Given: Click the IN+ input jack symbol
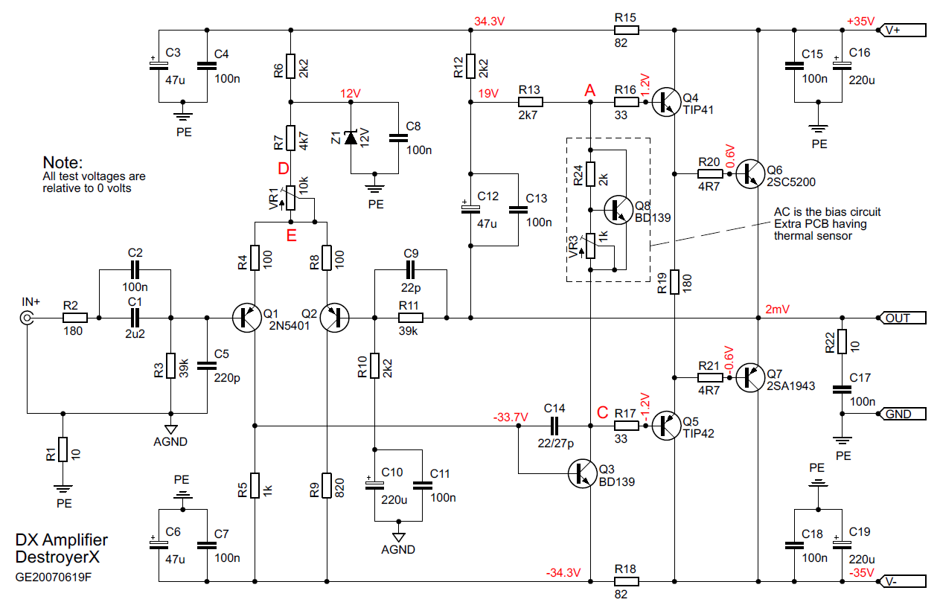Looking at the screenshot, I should [x=28, y=318].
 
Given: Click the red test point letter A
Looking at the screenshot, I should [x=590, y=89].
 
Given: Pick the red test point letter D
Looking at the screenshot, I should [x=284, y=169].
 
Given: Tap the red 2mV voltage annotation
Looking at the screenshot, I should [x=773, y=309].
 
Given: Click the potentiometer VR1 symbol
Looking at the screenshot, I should [x=291, y=199].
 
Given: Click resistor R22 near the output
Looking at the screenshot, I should [x=842, y=342].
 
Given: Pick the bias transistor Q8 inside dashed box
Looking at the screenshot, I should [x=617, y=210].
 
